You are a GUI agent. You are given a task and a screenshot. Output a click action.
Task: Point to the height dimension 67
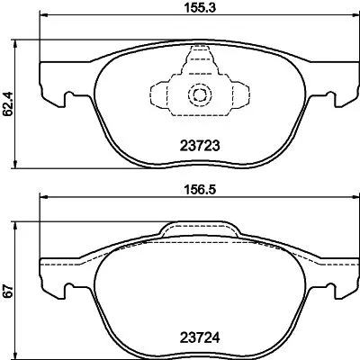point(9,292)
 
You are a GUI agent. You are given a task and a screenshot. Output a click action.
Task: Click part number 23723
point(195,144)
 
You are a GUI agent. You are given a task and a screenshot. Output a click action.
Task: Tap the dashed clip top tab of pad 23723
point(196,63)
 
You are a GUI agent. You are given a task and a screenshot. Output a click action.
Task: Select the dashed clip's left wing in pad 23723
point(162,95)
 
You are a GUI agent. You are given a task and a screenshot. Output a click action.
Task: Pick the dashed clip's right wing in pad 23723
point(230,95)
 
